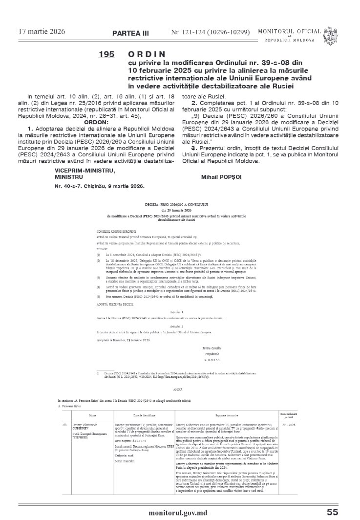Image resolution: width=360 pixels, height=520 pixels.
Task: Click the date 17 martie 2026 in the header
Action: pos(42,32)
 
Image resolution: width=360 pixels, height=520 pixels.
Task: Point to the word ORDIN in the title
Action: pos(147,54)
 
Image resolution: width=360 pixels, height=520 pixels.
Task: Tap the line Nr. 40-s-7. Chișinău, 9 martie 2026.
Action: pos(99,186)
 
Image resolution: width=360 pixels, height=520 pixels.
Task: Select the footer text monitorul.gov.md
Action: pos(180,512)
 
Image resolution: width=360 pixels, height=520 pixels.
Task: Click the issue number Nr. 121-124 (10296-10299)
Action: pos(210,32)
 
